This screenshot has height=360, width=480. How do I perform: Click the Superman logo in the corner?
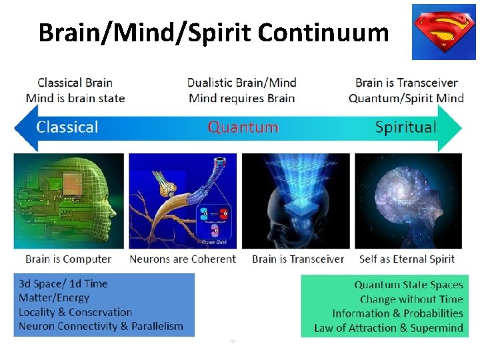(x=443, y=31)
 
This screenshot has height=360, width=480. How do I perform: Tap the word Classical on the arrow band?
(x=67, y=127)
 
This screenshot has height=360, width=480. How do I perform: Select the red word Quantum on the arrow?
(x=243, y=127)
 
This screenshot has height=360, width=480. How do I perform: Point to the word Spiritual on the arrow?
(x=405, y=127)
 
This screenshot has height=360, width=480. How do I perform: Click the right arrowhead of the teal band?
(x=453, y=127)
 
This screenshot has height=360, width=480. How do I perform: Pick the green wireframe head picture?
(x=69, y=201)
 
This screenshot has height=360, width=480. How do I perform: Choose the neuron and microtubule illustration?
(x=183, y=201)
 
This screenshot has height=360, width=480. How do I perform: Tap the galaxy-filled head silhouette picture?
(x=408, y=201)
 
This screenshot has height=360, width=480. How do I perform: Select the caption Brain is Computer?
(x=68, y=259)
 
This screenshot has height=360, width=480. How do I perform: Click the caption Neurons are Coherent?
(x=183, y=259)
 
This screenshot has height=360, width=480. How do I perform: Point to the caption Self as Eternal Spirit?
(x=407, y=259)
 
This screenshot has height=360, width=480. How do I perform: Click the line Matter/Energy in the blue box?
(x=54, y=298)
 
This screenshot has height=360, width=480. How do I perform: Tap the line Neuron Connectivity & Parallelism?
(x=101, y=326)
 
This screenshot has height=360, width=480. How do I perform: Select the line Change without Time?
(x=411, y=299)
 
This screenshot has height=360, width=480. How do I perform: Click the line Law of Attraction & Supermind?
(x=388, y=327)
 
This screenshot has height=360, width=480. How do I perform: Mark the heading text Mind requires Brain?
(x=241, y=98)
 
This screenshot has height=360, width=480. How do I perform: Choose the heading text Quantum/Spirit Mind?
(x=406, y=98)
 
